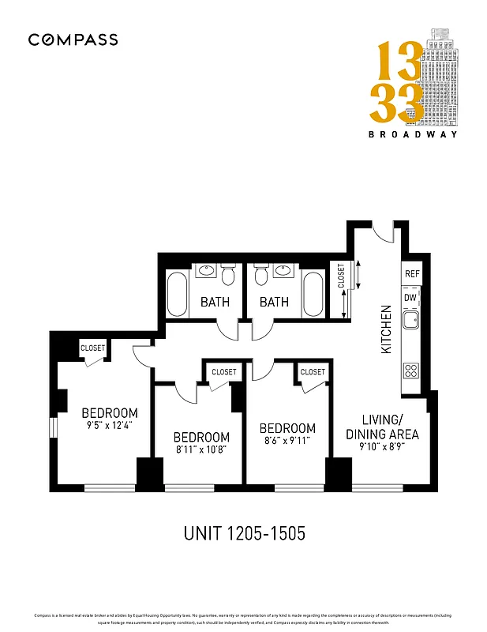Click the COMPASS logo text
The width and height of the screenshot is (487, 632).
(73, 39)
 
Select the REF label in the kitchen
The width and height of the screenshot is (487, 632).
(411, 273)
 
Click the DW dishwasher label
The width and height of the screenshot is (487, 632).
(410, 297)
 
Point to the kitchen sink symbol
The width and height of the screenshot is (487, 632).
(410, 320)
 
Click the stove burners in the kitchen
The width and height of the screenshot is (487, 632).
(410, 369)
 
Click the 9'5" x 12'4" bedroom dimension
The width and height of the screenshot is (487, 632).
(110, 426)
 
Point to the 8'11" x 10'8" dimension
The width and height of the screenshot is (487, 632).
(201, 450)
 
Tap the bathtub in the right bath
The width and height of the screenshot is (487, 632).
(313, 293)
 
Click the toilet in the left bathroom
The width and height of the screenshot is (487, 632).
(228, 276)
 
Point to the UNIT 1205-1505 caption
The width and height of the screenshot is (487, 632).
(243, 533)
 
